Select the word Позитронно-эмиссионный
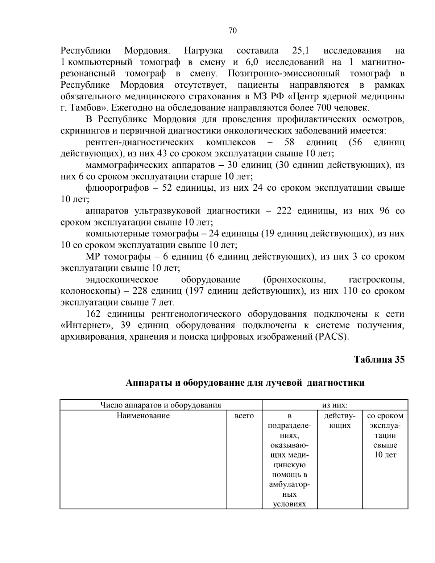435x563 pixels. pyautogui.click(x=284, y=74)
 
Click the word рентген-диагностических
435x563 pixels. pyautogui.click(x=140, y=142)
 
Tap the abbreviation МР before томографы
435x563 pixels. pyautogui.click(x=92, y=257)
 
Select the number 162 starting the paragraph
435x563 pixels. pyautogui.click(x=94, y=314)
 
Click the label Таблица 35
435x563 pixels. pyautogui.click(x=379, y=360)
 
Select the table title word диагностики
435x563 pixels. pyautogui.click(x=335, y=383)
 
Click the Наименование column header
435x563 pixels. pyautogui.click(x=143, y=416)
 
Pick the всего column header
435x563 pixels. pyautogui.click(x=244, y=416)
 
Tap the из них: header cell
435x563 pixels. pyautogui.click(x=335, y=405)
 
